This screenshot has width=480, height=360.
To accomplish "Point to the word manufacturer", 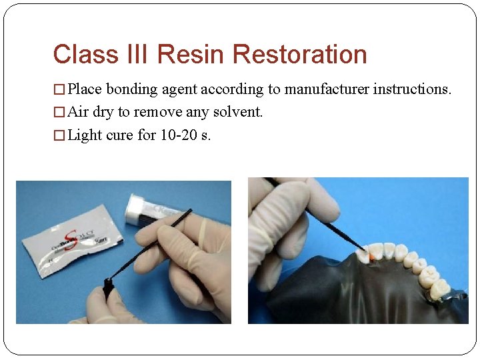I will pos(327,89).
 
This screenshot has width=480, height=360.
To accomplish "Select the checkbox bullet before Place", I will pos(59,89).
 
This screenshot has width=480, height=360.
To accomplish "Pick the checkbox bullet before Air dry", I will pos(59,113).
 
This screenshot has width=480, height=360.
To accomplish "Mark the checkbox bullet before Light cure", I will pos(59,136).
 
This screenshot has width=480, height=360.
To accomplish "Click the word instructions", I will pos(412,89).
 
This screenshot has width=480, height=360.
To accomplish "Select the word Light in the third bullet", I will pos(85,135).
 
